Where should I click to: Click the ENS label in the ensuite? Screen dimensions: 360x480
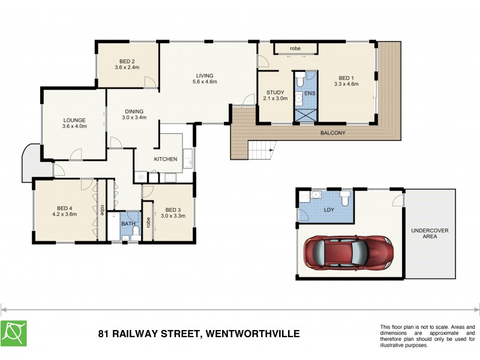coord(309,94)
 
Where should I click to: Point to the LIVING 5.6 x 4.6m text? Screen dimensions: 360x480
coord(205,78)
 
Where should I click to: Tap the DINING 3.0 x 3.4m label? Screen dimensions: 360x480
coord(134,114)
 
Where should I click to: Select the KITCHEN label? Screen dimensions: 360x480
coord(165,159)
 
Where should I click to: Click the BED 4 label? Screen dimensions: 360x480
coord(64,210)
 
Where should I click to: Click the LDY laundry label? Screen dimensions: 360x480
coord(328,209)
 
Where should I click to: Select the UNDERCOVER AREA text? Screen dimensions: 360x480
coord(430,233)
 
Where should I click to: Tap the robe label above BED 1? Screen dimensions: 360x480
coord(295,48)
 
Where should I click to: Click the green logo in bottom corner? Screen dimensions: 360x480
coord(13,333)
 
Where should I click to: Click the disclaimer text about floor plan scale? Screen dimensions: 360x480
coord(427,335)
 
